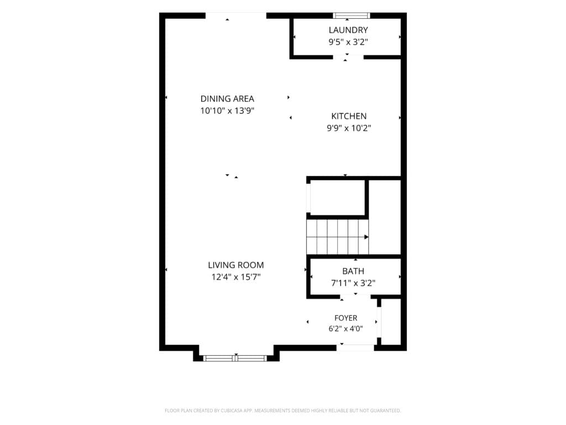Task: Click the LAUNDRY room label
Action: (x=348, y=30)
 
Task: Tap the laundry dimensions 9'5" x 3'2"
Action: (x=348, y=42)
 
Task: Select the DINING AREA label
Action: (x=227, y=99)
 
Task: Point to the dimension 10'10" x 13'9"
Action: (x=227, y=111)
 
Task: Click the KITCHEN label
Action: (x=349, y=116)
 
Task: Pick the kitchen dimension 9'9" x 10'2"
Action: (x=349, y=128)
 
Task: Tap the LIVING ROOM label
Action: (x=235, y=265)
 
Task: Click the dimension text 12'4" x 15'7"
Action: (x=235, y=277)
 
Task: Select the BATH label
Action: (x=353, y=271)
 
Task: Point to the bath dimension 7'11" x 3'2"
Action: (x=353, y=283)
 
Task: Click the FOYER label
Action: (x=346, y=318)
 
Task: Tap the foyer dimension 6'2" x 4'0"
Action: (x=346, y=329)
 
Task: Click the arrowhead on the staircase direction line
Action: (x=366, y=237)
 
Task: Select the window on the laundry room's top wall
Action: (x=351, y=15)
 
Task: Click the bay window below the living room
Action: (x=235, y=358)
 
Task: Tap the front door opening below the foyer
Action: (x=355, y=348)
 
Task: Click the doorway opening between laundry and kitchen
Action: (x=348, y=57)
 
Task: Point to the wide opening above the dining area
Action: (x=236, y=15)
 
